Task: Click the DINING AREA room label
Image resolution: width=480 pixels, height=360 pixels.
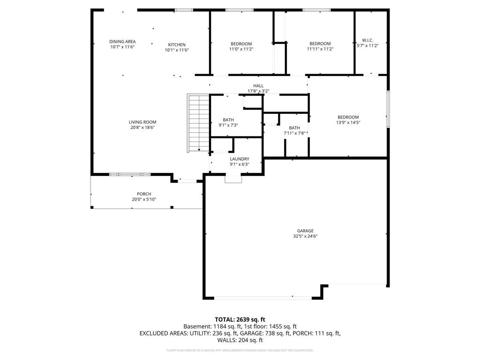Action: click(x=122, y=42)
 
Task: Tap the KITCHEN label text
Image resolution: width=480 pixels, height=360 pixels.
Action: click(x=177, y=45)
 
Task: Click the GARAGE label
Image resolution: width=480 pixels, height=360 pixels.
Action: click(x=305, y=231)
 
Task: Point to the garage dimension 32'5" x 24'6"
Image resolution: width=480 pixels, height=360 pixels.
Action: click(x=305, y=236)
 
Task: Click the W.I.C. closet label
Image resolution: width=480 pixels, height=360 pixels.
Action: click(x=367, y=40)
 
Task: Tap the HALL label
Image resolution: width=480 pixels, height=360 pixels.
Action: click(x=258, y=86)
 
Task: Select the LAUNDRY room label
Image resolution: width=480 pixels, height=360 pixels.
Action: click(x=239, y=159)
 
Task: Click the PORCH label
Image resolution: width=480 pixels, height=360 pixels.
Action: click(x=144, y=194)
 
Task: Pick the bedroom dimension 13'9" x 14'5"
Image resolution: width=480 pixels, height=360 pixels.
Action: click(x=348, y=122)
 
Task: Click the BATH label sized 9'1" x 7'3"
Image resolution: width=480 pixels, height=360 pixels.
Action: click(x=228, y=120)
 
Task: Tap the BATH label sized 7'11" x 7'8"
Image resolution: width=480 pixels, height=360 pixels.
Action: click(x=294, y=128)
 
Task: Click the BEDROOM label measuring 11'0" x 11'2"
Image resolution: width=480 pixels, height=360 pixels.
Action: click(x=241, y=44)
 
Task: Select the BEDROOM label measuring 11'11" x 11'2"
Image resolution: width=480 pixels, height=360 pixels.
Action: click(x=320, y=44)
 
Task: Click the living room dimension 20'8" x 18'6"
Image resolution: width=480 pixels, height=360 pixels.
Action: click(x=142, y=127)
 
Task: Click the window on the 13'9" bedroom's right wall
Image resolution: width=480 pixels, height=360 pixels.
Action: click(x=388, y=109)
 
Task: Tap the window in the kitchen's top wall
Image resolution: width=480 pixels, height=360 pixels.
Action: click(x=183, y=9)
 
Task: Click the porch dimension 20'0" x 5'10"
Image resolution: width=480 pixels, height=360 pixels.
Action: click(x=144, y=199)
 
